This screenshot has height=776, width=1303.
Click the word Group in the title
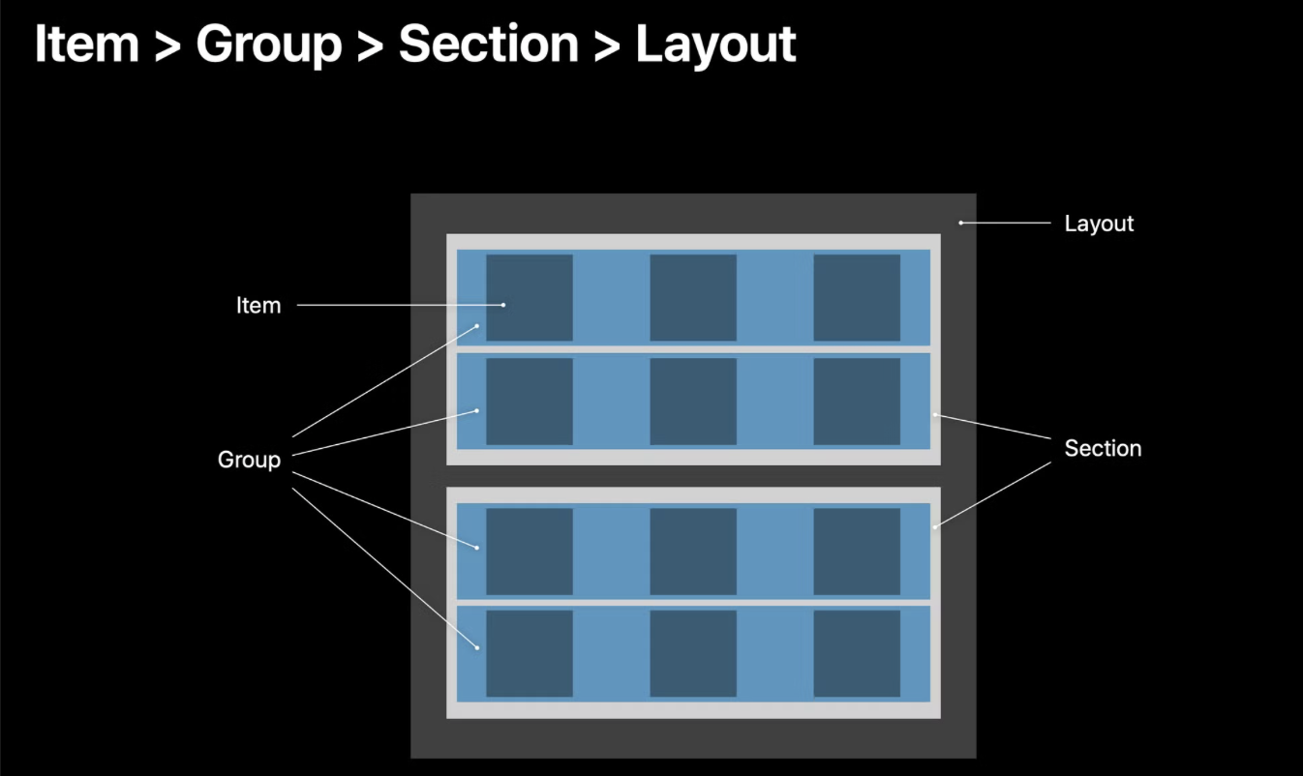coord(268,45)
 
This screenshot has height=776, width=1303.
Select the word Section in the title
coord(489,45)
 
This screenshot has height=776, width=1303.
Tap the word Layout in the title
coord(715,45)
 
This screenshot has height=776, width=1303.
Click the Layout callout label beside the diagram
coord(1099,224)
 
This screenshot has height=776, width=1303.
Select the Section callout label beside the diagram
coord(1103,448)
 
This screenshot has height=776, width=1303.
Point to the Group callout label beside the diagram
coord(249,460)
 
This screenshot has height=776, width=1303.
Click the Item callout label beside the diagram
coord(258,306)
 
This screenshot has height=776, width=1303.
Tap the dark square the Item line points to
coord(530,298)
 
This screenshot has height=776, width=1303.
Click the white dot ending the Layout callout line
coord(961,223)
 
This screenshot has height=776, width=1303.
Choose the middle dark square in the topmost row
coord(693,298)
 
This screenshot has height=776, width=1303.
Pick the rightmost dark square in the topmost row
coord(857,298)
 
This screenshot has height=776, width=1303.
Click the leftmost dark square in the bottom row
coord(530,653)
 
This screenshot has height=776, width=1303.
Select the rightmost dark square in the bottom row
coord(857,653)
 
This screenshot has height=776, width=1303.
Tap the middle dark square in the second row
coord(693,402)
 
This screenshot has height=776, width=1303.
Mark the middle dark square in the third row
coord(693,552)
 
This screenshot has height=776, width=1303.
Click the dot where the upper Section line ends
coord(935,415)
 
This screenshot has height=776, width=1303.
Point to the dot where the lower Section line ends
coord(935,527)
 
